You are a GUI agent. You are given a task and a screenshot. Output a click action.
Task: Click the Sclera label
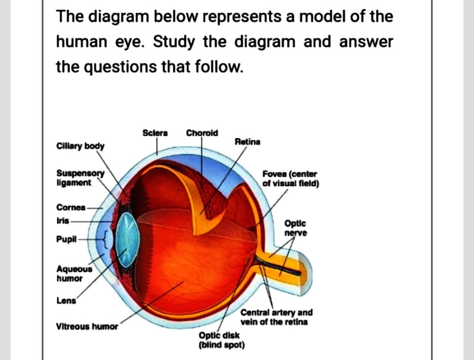[x=155, y=133]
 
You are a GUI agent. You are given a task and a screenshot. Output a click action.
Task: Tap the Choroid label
[x=202, y=133]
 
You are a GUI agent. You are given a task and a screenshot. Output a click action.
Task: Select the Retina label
[x=248, y=142]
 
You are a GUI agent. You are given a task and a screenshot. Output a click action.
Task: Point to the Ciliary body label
[x=80, y=146]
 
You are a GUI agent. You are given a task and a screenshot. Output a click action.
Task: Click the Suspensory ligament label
[x=81, y=178]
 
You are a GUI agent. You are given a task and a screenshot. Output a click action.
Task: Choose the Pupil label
[x=66, y=239]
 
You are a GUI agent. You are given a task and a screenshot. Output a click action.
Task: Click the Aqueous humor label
[x=75, y=273]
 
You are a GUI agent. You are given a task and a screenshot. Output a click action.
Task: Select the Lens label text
[x=65, y=301]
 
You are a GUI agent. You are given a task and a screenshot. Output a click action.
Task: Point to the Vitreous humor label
[x=87, y=327]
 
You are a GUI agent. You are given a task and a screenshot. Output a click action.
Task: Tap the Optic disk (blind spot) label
[x=221, y=340]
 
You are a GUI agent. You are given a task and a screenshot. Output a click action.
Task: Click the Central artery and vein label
[x=276, y=317]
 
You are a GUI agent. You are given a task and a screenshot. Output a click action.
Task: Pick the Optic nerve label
[x=296, y=228]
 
